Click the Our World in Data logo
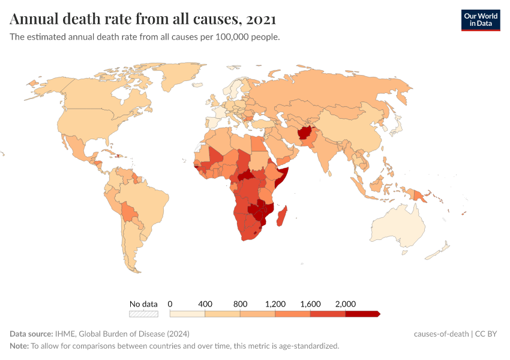point(480,20)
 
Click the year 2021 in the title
point(261,19)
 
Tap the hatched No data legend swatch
point(143,313)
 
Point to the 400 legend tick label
point(205,304)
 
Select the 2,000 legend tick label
point(346,304)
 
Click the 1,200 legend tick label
point(275,304)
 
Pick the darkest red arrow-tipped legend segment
point(362,313)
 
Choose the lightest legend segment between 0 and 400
point(187,313)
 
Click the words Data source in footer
point(31,334)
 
